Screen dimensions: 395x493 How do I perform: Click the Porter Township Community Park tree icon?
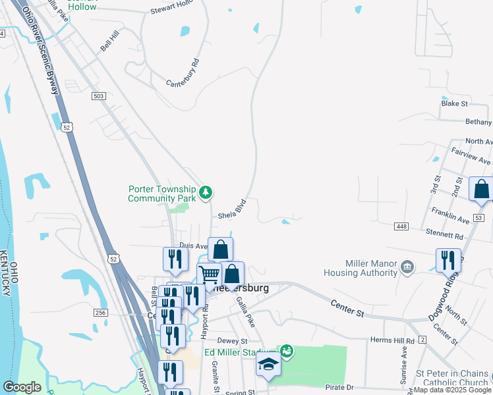click(x=207, y=192)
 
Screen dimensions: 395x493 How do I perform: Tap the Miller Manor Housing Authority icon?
click(x=407, y=267)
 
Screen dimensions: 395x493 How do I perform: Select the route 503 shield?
click(x=99, y=96)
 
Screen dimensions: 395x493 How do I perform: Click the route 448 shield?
click(x=401, y=226)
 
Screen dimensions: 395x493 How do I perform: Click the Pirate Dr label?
click(x=340, y=388)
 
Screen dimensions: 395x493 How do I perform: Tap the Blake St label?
click(x=454, y=103)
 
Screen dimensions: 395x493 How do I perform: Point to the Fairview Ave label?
click(x=471, y=161)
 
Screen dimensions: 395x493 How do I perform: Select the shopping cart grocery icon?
click(x=209, y=274)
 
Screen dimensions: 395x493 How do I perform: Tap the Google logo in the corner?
click(x=22, y=387)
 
